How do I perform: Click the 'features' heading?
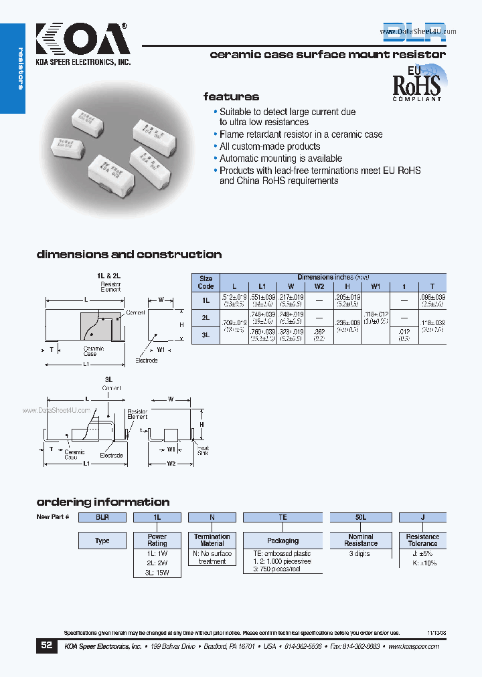tap(231, 96)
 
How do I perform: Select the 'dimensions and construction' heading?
tap(129, 254)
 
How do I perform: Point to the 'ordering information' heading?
tap(102, 502)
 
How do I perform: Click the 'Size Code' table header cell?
tap(206, 281)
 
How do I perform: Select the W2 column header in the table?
tap(319, 286)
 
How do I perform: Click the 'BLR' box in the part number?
tap(102, 517)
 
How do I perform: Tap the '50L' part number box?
tap(361, 517)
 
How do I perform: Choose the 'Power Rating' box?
tap(157, 541)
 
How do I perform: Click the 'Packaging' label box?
tap(283, 541)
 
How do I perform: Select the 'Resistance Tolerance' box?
tap(422, 541)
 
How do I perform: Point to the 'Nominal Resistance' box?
tap(361, 541)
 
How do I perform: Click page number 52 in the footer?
tap(46, 646)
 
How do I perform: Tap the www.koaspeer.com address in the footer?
tap(412, 646)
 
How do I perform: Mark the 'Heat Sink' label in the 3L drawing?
tap(202, 450)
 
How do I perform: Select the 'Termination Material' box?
tap(212, 541)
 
